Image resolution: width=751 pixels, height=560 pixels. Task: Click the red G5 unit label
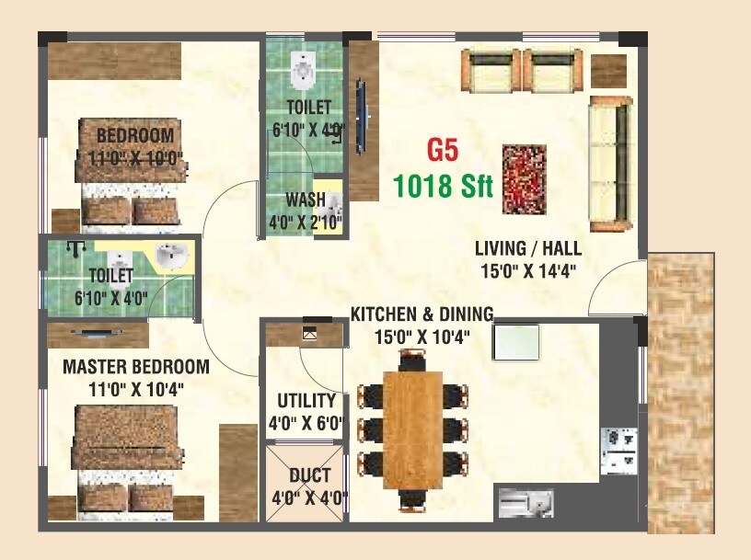point(442,149)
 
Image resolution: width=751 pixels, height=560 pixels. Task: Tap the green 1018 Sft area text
point(443,186)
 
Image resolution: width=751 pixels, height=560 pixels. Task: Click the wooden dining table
point(413,430)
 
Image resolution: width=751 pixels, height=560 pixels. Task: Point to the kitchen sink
point(526,503)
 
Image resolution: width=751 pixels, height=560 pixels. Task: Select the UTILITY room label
point(305,401)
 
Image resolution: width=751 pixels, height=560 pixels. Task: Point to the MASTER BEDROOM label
point(135,367)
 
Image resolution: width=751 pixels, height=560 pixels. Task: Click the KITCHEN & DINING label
point(422,314)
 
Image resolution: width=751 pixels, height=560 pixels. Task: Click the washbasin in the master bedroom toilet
point(172,258)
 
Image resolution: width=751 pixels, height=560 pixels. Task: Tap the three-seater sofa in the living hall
point(610,163)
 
